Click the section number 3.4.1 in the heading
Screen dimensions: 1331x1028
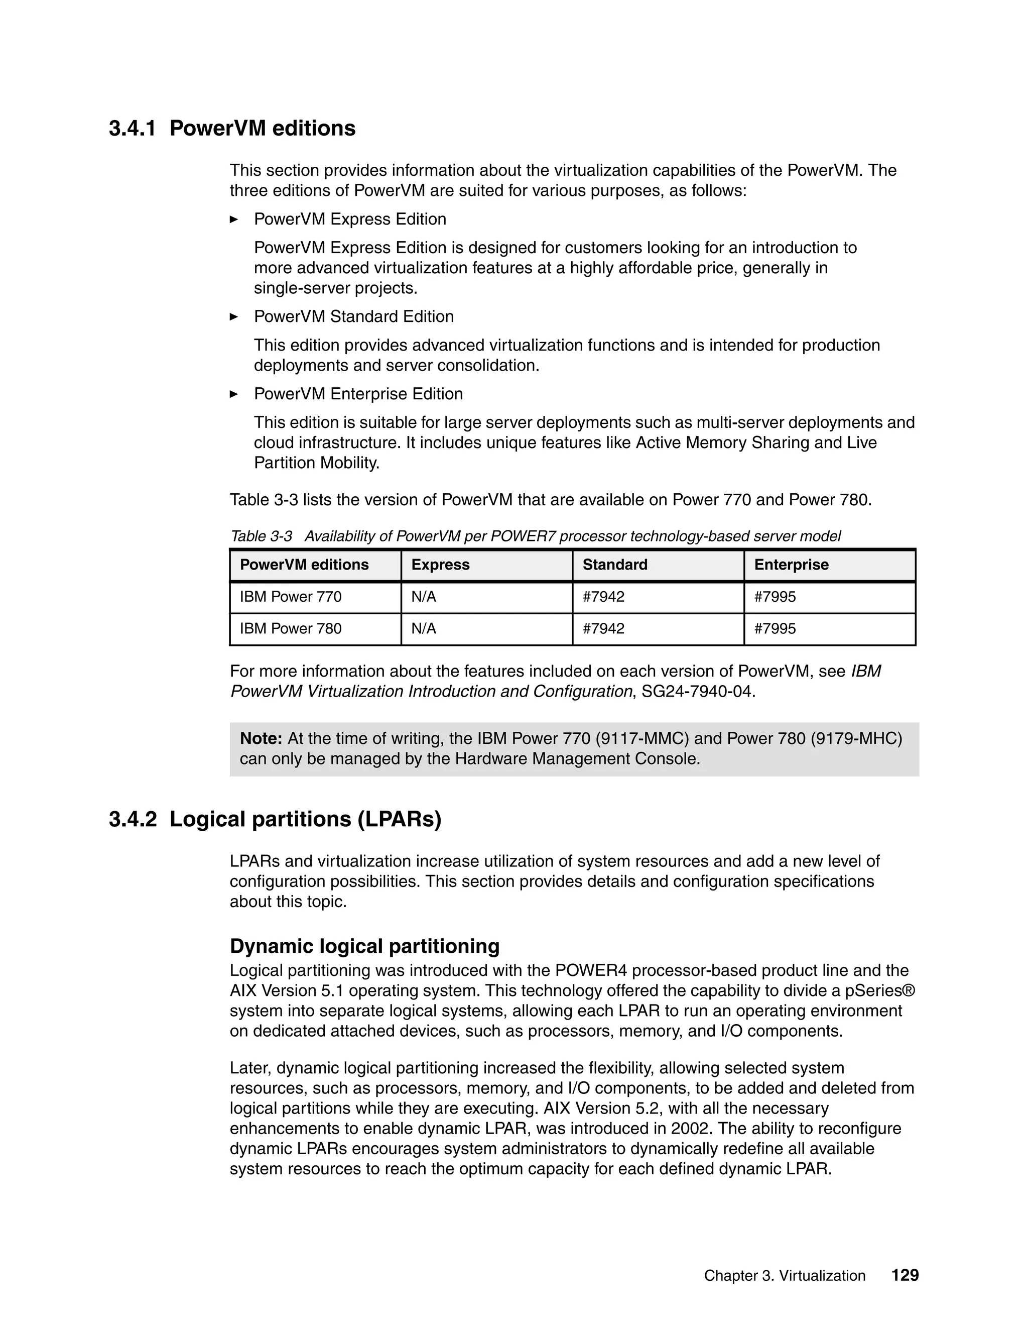point(132,129)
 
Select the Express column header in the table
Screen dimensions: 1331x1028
point(440,565)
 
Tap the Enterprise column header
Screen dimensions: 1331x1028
point(791,565)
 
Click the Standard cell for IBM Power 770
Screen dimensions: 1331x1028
point(603,597)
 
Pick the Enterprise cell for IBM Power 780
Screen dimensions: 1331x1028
point(775,629)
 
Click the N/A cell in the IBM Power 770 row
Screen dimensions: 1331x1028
point(424,597)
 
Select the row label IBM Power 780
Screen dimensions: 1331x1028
point(291,629)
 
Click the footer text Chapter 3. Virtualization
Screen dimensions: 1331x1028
point(785,1276)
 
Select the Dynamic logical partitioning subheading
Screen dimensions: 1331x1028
point(364,946)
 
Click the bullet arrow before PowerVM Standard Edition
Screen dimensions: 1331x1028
point(234,317)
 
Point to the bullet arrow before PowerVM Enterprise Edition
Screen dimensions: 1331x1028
point(234,394)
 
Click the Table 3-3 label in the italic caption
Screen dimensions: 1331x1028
point(261,536)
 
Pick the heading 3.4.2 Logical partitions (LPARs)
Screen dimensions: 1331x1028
point(275,820)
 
